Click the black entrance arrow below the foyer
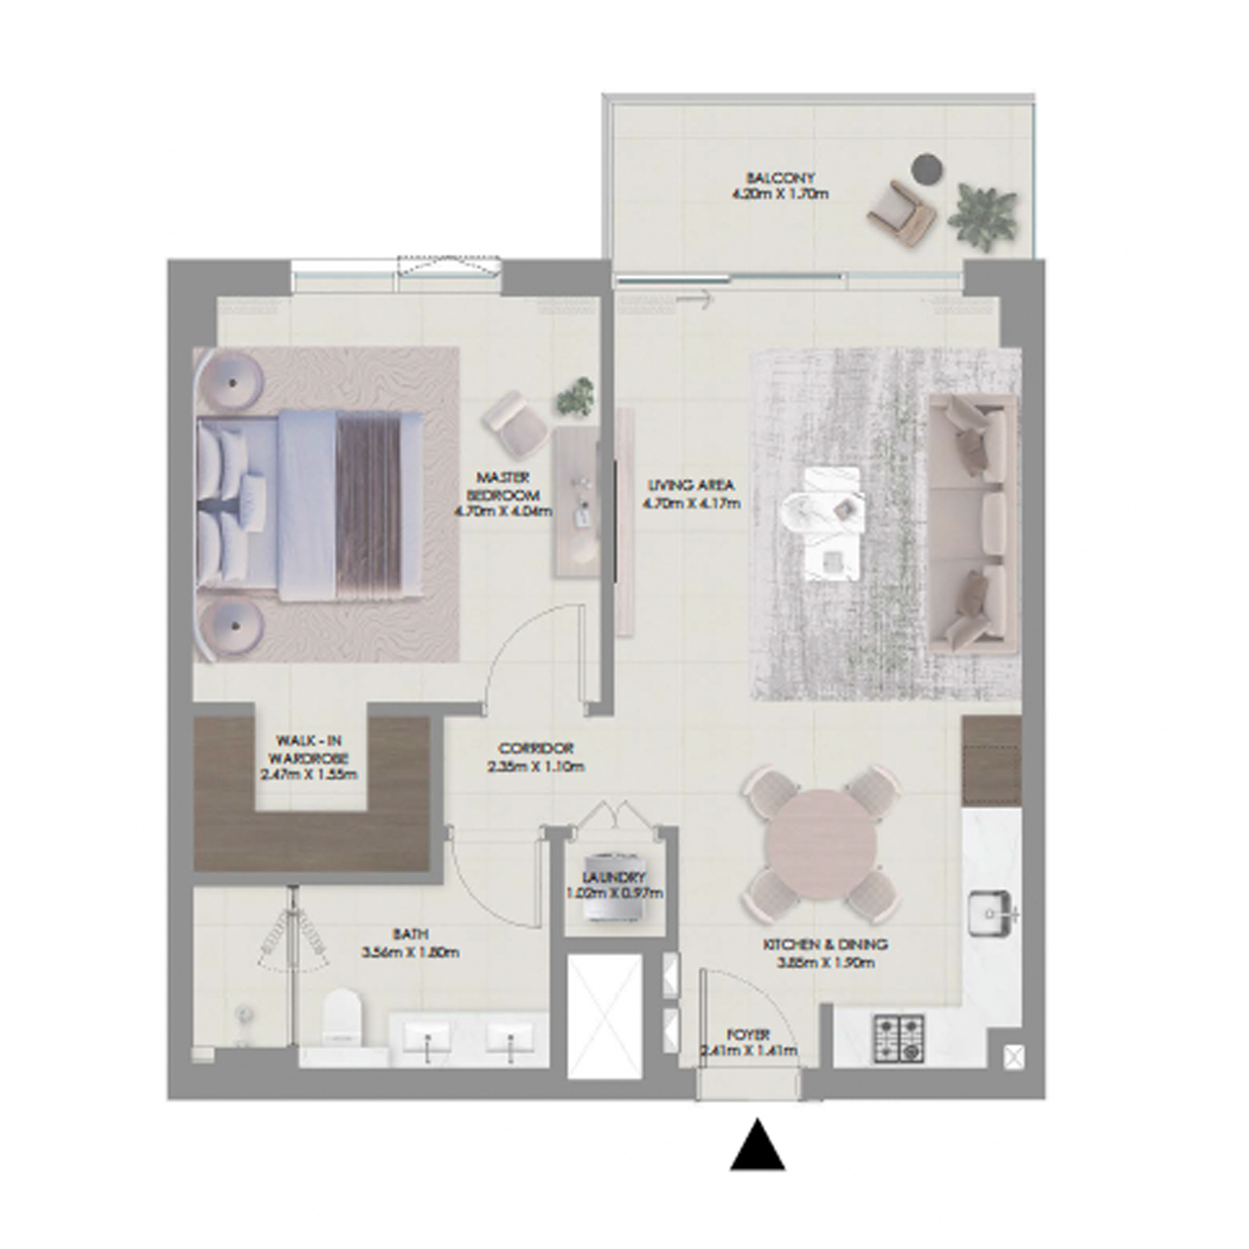point(758,1148)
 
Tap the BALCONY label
point(780,179)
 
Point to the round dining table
point(821,843)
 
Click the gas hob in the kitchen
point(899,1037)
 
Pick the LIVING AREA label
point(690,485)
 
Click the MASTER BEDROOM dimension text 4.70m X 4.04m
point(504,510)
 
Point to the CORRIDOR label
point(536,748)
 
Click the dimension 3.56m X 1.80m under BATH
point(410,952)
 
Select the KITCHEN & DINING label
point(825,945)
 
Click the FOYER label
point(748,1034)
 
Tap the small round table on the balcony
point(925,169)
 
